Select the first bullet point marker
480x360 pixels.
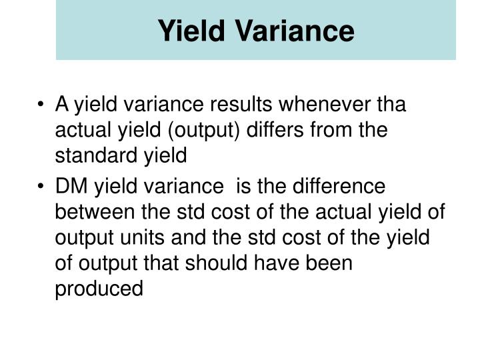click(43, 105)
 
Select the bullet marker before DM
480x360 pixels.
click(43, 187)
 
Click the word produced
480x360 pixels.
click(99, 289)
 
